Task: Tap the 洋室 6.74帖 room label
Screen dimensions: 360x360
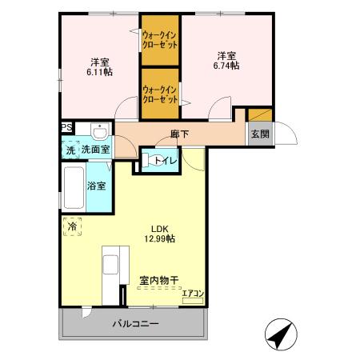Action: point(226,62)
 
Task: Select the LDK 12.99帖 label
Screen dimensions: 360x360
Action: point(160,232)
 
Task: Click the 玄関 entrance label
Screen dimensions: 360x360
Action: point(259,134)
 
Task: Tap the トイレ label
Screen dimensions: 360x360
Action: point(166,161)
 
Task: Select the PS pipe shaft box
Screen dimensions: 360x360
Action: point(66,126)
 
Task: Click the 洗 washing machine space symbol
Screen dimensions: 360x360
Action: point(70,150)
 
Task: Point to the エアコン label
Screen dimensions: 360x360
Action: point(193,294)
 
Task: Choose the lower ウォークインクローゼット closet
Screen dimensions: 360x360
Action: point(161,95)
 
